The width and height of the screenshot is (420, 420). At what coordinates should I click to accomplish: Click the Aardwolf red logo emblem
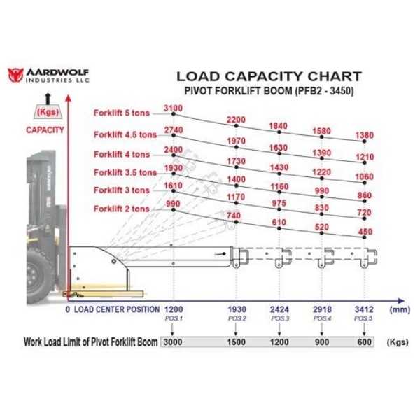15,75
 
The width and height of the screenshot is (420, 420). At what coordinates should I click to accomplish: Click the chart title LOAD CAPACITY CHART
269,76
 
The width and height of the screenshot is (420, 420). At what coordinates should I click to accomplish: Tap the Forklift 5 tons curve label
122,113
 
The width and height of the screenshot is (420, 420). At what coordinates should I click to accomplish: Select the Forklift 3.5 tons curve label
125,172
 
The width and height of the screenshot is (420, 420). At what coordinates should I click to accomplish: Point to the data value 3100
173,108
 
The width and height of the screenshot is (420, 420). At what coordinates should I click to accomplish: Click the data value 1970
237,141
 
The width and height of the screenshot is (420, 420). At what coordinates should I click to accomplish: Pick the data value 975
279,203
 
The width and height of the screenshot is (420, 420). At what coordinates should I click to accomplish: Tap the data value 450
365,232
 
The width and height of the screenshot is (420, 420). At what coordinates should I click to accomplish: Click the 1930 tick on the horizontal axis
237,309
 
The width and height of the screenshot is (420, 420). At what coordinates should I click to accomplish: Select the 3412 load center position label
364,309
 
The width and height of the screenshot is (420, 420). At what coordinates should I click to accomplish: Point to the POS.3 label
280,318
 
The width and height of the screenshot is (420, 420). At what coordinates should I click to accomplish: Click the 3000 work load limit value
173,342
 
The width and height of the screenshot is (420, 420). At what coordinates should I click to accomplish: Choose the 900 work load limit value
322,342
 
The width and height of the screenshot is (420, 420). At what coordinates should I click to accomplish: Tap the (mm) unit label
400,309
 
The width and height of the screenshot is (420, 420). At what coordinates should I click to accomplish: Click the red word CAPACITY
45,130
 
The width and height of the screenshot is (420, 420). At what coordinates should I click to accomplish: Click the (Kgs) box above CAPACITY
48,112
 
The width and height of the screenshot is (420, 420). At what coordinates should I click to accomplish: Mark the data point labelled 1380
364,141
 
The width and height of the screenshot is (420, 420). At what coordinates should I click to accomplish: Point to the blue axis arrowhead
401,301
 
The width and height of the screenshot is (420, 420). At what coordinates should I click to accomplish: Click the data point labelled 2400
174,155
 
